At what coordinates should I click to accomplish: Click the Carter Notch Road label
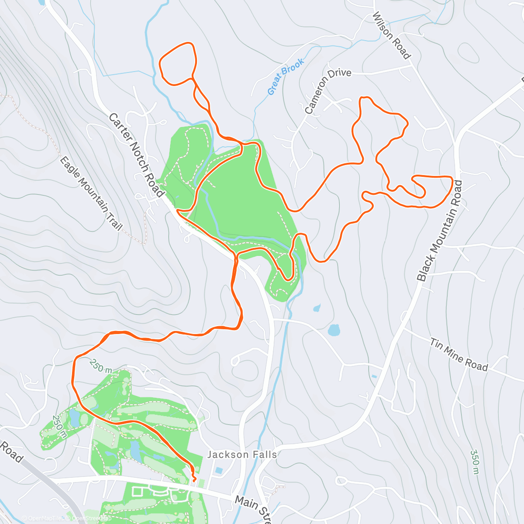tap(136, 155)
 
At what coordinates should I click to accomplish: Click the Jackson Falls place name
tap(242, 455)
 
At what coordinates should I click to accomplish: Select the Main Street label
tap(252, 507)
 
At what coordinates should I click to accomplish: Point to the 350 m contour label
tap(475, 462)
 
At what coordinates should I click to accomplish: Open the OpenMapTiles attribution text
tap(43, 518)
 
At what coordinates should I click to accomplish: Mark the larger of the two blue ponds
tap(334, 330)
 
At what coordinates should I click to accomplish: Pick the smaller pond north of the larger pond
tap(317, 308)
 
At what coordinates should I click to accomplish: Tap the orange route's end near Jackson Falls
tap(194, 481)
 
